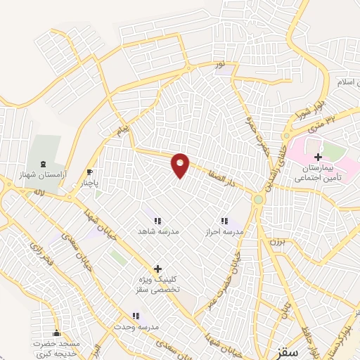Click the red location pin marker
(181, 165)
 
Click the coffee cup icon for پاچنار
(90, 172)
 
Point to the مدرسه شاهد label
(157, 231)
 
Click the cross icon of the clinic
(157, 268)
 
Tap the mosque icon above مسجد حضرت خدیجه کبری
(57, 333)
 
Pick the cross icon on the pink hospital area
(319, 157)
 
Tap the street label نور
(219, 64)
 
